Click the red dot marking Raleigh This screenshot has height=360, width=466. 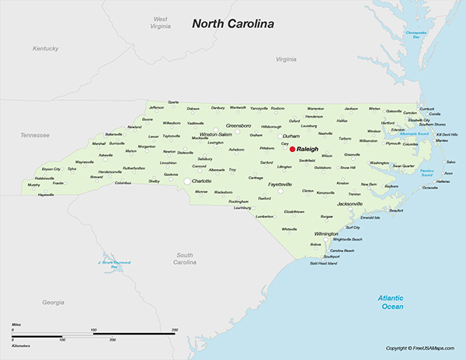292,150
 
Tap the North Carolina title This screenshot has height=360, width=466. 234,24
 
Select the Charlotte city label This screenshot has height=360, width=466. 201,181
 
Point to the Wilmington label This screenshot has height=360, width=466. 326,233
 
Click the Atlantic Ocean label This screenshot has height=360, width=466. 391,302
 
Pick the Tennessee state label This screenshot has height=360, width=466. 35,134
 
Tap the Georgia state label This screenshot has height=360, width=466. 53,301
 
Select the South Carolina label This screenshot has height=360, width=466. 184,258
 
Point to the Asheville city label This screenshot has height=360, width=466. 106,154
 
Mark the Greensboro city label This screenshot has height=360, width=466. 238,125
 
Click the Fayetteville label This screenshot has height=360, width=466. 280,185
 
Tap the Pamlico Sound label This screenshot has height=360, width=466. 428,171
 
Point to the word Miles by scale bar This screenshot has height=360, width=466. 16,326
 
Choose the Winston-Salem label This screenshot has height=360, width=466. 216,133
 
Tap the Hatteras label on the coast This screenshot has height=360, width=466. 443,181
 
